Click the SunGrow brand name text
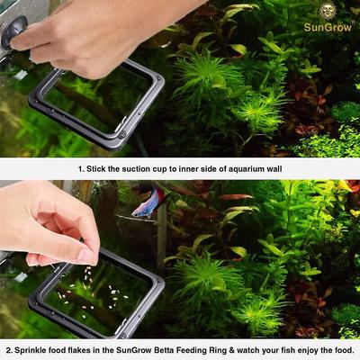click(x=329, y=28)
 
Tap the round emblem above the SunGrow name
click(x=329, y=12)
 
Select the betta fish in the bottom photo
click(x=147, y=203)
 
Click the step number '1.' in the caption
click(x=82, y=168)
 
